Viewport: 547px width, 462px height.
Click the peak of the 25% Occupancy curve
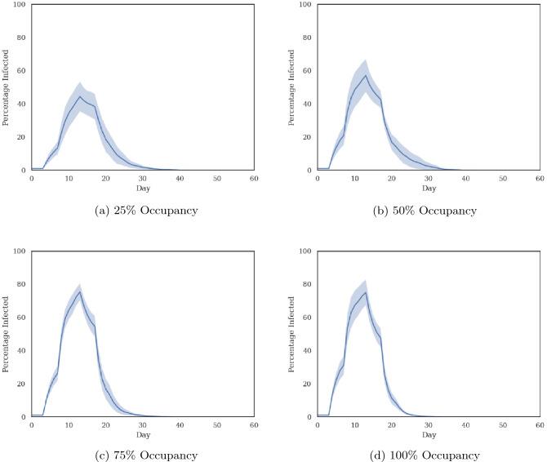click(79, 96)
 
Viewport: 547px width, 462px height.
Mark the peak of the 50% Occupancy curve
click(366, 75)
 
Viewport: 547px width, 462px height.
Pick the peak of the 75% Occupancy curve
click(79, 291)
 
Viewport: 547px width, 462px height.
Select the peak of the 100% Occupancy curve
click(366, 291)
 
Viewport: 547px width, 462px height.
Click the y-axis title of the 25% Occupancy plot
click(7, 87)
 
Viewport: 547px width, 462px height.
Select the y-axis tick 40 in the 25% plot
click(23, 104)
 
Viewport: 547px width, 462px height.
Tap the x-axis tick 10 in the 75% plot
click(69, 425)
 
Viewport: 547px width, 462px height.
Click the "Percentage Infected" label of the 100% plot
click(292, 334)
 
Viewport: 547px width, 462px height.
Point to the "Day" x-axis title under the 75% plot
click(142, 434)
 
